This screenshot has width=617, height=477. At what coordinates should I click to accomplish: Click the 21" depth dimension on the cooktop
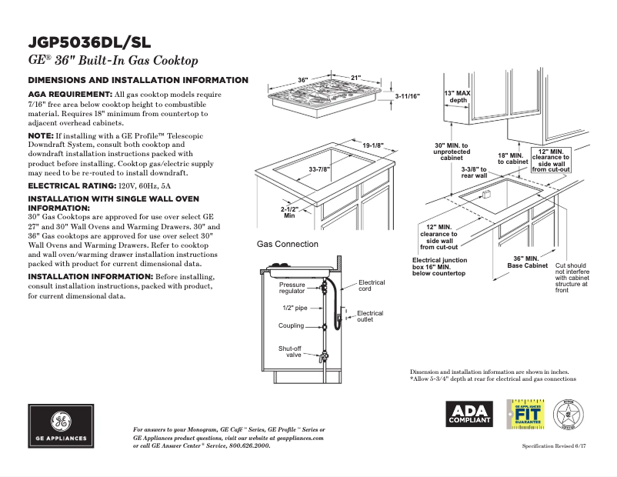pyautogui.click(x=355, y=78)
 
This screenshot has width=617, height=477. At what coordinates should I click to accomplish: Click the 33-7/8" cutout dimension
pyautogui.click(x=319, y=169)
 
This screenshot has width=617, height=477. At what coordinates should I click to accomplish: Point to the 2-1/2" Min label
pyautogui.click(x=289, y=212)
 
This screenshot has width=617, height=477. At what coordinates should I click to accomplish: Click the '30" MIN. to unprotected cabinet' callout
pyautogui.click(x=451, y=152)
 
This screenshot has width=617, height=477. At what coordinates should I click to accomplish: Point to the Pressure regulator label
pyautogui.click(x=292, y=289)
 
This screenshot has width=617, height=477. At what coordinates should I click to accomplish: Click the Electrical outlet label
pyautogui.click(x=370, y=316)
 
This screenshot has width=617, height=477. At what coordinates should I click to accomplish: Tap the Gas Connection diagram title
pyautogui.click(x=287, y=244)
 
